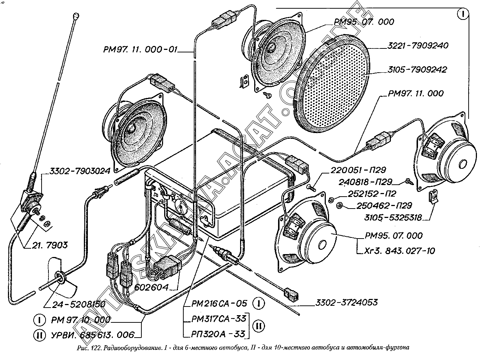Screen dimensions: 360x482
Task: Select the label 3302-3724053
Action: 346,302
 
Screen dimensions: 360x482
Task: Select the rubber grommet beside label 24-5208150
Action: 60,278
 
